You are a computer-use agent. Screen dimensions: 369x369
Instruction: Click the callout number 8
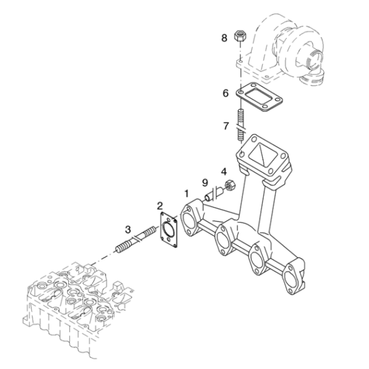[x=224, y=38]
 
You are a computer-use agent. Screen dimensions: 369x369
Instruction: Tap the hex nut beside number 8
[x=240, y=36]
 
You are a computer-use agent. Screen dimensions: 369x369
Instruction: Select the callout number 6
[x=226, y=93]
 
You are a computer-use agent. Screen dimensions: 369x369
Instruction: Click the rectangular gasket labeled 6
[x=259, y=97]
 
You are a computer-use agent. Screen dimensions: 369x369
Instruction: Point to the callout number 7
[x=226, y=126]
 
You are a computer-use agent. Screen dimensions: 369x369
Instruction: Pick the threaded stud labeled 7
[x=240, y=125]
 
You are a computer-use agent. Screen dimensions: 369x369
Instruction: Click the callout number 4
[x=224, y=172]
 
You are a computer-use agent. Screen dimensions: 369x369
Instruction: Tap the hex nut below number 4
[x=229, y=184]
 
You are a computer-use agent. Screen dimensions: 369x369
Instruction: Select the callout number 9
[x=205, y=183]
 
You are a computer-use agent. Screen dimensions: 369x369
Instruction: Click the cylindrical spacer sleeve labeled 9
[x=213, y=194]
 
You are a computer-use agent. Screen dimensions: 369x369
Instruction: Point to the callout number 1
[x=186, y=194]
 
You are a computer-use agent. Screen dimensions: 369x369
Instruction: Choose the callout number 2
[x=160, y=205]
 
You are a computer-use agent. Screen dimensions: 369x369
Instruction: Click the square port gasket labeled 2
[x=169, y=229]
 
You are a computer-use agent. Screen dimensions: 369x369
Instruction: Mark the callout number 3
[x=128, y=229]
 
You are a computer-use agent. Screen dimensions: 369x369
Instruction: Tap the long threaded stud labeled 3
[x=135, y=240]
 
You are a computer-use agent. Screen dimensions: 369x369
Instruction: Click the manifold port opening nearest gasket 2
[x=189, y=221]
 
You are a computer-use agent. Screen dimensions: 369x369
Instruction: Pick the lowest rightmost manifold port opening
[x=290, y=280]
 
